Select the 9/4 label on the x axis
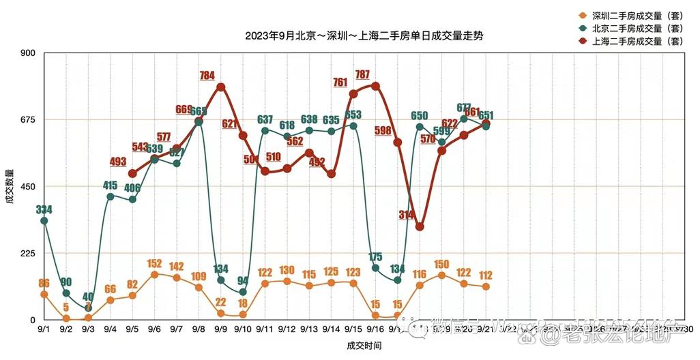coord(110,329)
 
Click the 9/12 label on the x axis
coord(287,329)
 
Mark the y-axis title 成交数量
coord(10,186)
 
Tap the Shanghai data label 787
coord(362,74)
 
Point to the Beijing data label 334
coord(44,209)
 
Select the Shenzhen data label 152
coord(154,263)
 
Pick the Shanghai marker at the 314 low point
coord(420,227)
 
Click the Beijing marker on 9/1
coord(44,221)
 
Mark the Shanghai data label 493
coord(118,162)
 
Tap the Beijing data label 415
coord(110,185)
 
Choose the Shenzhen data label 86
coord(44,283)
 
